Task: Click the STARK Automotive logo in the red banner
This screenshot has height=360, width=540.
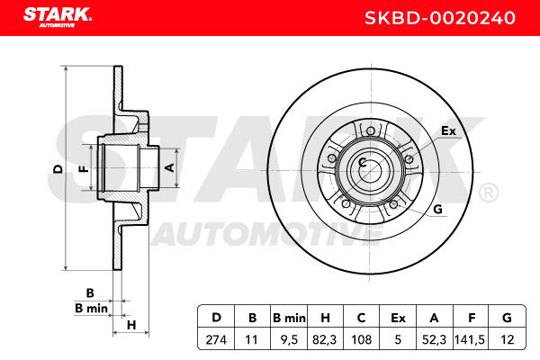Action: tap(58, 17)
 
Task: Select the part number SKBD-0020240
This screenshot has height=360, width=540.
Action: tap(440, 18)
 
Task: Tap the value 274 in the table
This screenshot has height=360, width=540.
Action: tap(216, 340)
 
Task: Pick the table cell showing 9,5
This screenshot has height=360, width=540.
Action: tap(289, 340)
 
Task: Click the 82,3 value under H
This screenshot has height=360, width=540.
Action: tap(325, 340)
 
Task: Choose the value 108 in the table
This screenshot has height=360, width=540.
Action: tap(361, 340)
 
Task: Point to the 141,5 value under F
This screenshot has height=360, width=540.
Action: tap(470, 340)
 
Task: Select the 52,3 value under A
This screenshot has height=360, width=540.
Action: tap(434, 340)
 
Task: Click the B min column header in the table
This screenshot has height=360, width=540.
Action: tap(289, 318)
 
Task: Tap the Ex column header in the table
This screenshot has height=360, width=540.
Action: tap(398, 318)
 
